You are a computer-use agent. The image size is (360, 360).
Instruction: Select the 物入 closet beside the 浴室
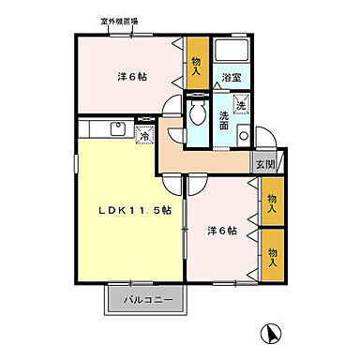pyautogui.click(x=197, y=64)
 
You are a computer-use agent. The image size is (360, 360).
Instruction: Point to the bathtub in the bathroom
pyautogui.click(x=230, y=53)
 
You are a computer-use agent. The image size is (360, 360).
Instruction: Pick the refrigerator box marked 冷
pyautogui.click(x=145, y=134)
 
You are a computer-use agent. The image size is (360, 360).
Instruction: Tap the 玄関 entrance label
pyautogui.click(x=265, y=163)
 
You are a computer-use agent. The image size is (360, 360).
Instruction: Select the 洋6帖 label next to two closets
pyautogui.click(x=221, y=229)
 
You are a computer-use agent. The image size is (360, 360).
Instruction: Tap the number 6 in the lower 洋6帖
pyautogui.click(x=221, y=229)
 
